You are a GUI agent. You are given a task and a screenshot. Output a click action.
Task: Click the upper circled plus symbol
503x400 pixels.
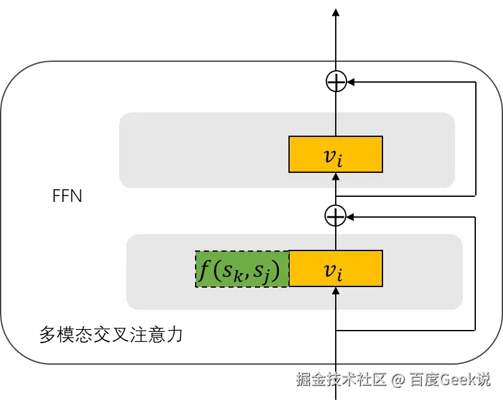[x=336, y=81]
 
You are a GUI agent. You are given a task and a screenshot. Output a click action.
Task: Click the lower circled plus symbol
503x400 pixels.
[x=336, y=216]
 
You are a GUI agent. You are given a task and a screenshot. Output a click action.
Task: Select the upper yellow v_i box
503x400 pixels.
[x=335, y=154]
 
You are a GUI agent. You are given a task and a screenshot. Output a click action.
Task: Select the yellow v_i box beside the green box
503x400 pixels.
[x=335, y=268]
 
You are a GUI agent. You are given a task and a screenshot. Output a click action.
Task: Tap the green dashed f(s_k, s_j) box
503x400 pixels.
[x=242, y=269]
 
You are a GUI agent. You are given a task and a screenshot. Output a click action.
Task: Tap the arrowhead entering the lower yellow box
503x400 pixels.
[x=336, y=291]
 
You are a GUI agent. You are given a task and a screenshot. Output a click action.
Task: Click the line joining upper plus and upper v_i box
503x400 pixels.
[x=336, y=114]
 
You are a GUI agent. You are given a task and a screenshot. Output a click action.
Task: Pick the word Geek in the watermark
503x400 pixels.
[x=456, y=379]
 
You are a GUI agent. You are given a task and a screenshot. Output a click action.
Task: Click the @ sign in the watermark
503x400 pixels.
[x=397, y=380]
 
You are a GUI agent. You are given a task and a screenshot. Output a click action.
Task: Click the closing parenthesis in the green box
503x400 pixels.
[x=276, y=270]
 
